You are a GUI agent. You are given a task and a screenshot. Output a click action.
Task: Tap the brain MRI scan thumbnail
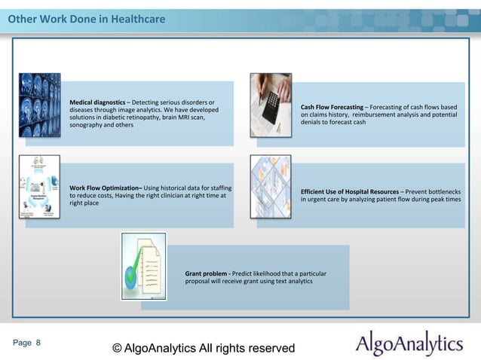click(39, 104)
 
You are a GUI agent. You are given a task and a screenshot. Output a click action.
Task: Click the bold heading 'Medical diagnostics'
click(97, 102)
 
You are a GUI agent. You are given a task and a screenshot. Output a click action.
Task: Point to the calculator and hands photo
click(271, 104)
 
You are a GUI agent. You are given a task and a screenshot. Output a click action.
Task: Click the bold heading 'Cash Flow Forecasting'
click(331, 106)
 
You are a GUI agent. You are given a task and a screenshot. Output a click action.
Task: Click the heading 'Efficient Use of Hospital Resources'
click(349, 192)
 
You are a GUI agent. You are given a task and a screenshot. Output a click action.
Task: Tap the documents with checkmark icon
click(143, 266)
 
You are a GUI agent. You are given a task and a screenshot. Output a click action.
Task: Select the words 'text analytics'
click(289, 280)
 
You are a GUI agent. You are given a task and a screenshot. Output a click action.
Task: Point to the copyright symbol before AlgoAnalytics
click(117, 348)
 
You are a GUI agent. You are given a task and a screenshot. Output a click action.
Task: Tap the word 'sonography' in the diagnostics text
click(86, 125)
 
